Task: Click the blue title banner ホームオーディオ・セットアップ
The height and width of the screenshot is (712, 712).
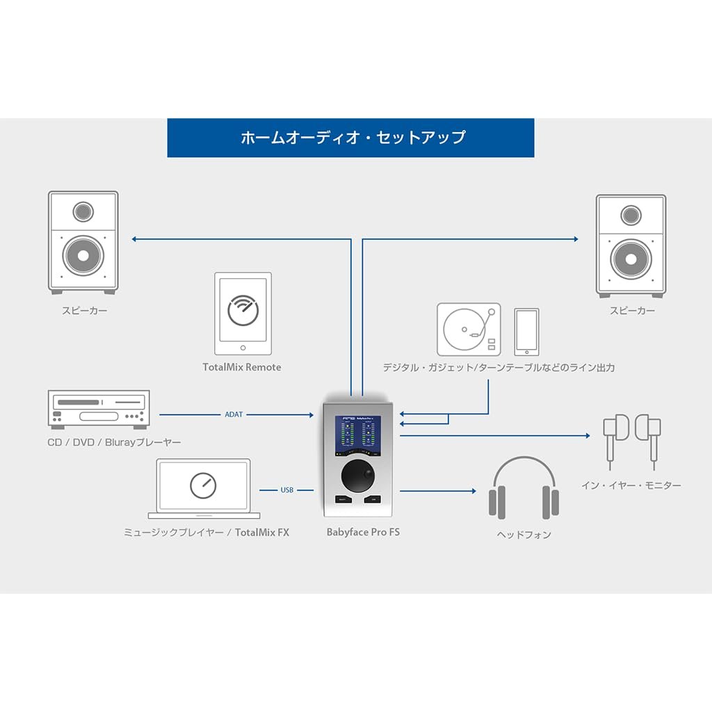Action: pyautogui.click(x=351, y=138)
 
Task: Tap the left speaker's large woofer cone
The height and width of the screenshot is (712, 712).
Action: pyautogui.click(x=83, y=256)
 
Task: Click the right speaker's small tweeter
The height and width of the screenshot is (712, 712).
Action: pyautogui.click(x=631, y=215)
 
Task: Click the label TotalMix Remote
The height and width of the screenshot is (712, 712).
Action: pyautogui.click(x=242, y=367)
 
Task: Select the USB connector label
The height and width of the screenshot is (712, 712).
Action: pyautogui.click(x=286, y=490)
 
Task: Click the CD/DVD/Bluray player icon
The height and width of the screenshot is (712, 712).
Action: pyautogui.click(x=98, y=408)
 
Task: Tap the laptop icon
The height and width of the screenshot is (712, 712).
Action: pyautogui.click(x=203, y=487)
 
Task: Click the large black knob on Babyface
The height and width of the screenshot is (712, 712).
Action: pyautogui.click(x=359, y=477)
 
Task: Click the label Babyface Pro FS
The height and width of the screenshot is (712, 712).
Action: pyautogui.click(x=363, y=532)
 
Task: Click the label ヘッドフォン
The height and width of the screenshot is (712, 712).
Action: pyautogui.click(x=524, y=535)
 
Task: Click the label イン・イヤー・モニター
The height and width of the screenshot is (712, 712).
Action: pyautogui.click(x=631, y=486)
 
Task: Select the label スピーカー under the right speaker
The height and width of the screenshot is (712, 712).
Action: pyautogui.click(x=632, y=311)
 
